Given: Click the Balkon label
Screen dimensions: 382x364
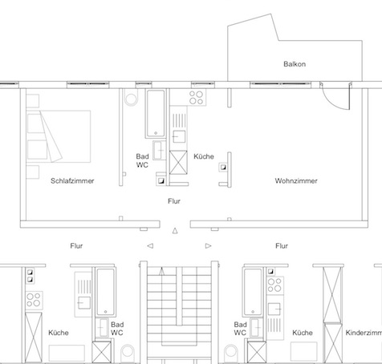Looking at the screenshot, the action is tap(295, 64).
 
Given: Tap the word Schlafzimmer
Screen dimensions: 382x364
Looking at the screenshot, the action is tap(72, 181).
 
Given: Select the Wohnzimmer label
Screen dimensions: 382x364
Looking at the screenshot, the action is tap(296, 181).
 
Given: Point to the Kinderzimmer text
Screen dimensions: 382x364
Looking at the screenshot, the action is tap(364, 333).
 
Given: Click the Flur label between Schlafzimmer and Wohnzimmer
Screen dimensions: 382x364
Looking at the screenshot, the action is tap(174, 201).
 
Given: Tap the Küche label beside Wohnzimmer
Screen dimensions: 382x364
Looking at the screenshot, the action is tap(204, 156).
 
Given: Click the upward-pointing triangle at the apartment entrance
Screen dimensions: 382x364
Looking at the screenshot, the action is tap(175, 231).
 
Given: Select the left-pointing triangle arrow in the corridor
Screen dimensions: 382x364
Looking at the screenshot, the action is tap(150, 245).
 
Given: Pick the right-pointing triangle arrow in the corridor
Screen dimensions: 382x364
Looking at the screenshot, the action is tap(208, 245).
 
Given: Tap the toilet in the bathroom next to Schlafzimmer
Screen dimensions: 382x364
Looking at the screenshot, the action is tap(131, 97).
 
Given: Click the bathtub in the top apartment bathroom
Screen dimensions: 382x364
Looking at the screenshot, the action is tap(156, 114).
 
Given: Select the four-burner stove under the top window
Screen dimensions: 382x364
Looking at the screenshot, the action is tap(196, 98).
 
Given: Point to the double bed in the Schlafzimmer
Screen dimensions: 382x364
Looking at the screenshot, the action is tap(59, 136).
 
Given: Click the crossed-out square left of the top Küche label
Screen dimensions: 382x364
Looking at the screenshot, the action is tap(178, 162).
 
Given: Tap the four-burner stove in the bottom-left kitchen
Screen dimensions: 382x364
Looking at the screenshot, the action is tap(34, 300).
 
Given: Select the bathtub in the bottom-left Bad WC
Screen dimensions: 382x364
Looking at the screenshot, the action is tap(105, 292).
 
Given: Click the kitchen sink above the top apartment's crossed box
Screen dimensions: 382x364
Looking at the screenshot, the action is tap(179, 136).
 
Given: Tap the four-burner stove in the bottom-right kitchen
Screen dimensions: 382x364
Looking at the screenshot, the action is tap(274, 285).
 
